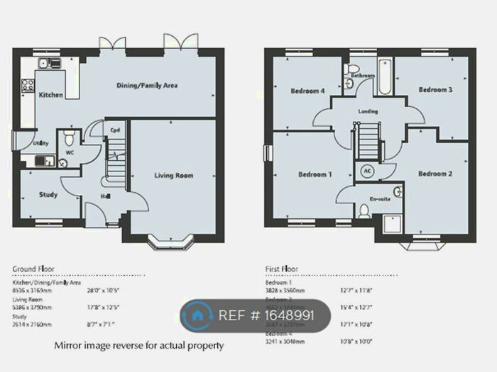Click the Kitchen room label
(x=50, y=95)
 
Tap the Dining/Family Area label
(x=147, y=86)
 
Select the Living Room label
(x=174, y=175)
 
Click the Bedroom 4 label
(x=307, y=91)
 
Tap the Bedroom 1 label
(x=315, y=174)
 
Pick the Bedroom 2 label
(x=435, y=174)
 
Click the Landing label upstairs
(x=368, y=111)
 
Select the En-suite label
(x=380, y=199)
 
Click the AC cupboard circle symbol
(x=368, y=171)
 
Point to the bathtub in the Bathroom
(x=383, y=77)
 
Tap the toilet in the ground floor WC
(x=69, y=135)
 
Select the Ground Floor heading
(x=34, y=269)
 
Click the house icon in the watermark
(x=197, y=315)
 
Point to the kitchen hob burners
(x=29, y=86)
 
